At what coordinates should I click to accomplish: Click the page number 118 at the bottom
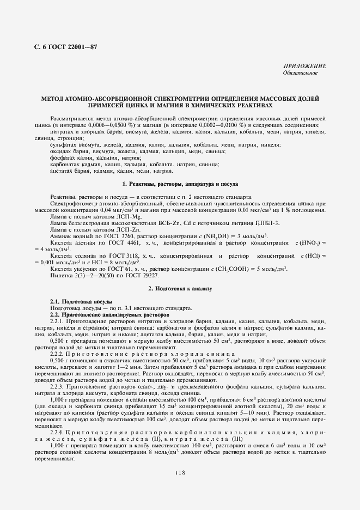pos(180,472)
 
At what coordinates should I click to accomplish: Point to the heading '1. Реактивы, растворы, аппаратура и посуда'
pos(180,184)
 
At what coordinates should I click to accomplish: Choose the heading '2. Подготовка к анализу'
pos(180,288)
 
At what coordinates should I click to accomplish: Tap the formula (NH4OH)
pos(220,238)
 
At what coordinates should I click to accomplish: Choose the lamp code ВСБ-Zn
pos(168,223)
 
